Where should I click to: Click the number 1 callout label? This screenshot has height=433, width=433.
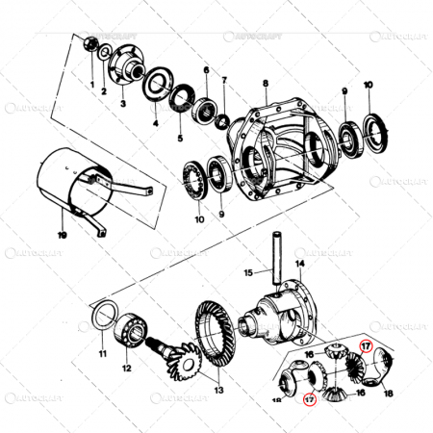pos(92,86)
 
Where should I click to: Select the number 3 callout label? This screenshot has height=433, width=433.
pos(123,102)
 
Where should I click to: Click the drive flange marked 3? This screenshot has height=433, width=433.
pos(125,67)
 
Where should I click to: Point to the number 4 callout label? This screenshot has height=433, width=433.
pos(156,123)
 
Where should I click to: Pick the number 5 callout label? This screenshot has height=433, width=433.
pos(179,138)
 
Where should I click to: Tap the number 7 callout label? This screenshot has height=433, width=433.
pos(224,79)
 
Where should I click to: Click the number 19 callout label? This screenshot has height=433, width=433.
pos(62,234)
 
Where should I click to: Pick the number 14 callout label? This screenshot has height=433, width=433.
pos(299,263)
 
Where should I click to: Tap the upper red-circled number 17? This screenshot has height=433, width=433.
pos(366,344)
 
